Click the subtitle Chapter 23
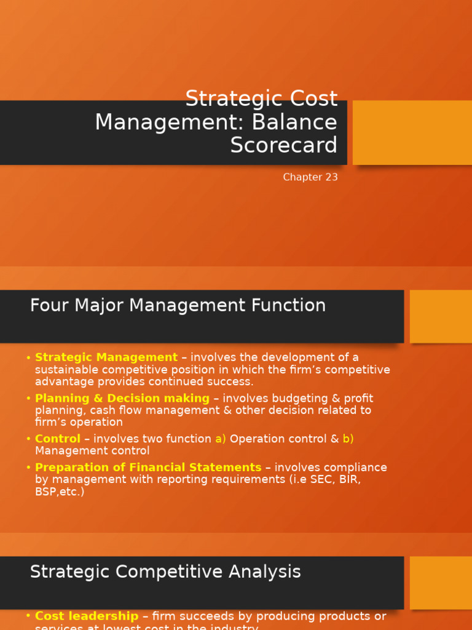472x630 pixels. click(310, 177)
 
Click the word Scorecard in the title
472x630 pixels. click(284, 145)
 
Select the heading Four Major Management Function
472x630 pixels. click(178, 305)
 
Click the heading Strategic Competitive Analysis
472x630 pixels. click(165, 572)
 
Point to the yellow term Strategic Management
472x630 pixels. click(106, 357)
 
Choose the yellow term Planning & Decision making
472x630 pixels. click(122, 398)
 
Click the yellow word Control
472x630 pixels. click(58, 439)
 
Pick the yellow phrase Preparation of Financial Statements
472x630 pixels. click(148, 468)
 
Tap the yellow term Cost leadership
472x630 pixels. click(87, 616)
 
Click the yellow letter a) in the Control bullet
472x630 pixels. click(221, 439)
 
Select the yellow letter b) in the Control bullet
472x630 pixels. click(348, 439)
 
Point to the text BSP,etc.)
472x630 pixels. click(60, 492)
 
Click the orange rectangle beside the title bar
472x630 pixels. click(412, 132)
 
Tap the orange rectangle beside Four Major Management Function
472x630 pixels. click(441, 316)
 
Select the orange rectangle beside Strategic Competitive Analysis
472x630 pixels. click(441, 583)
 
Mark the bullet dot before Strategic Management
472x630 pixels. click(29, 358)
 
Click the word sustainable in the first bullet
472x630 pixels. click(67, 370)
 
